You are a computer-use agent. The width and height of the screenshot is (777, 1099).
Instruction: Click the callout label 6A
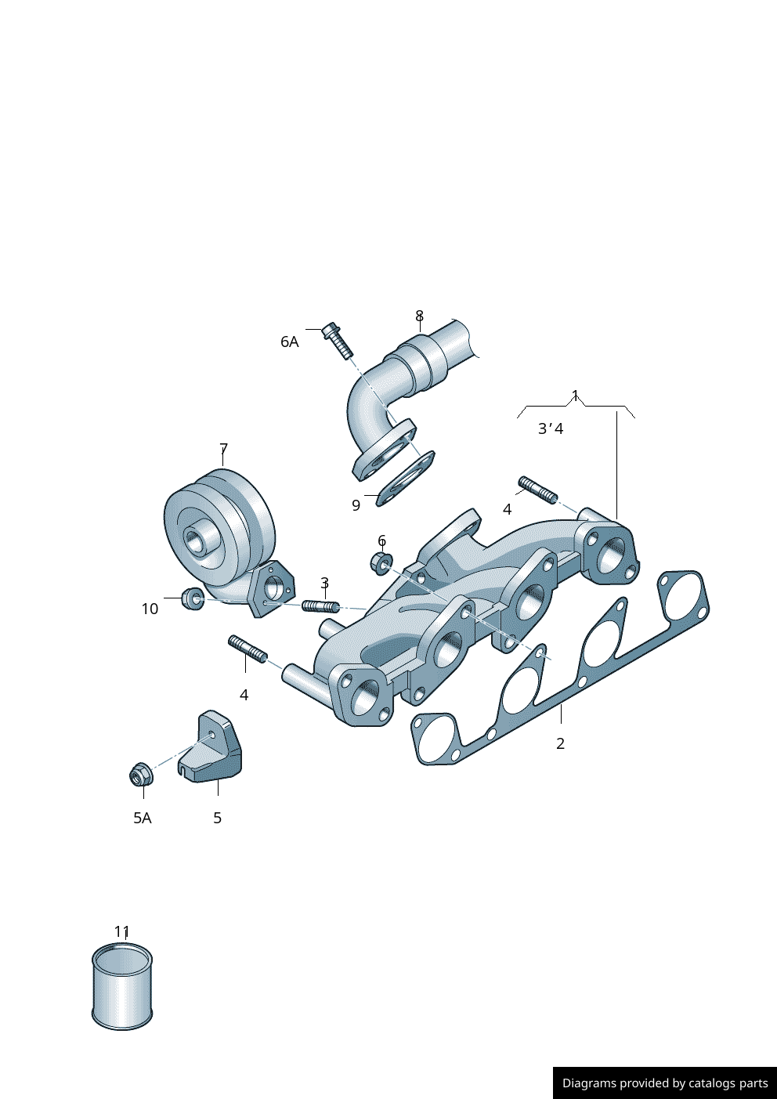tap(289, 342)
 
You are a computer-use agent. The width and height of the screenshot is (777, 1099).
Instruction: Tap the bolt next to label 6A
tap(338, 339)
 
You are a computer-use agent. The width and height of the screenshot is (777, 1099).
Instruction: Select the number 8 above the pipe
tap(419, 316)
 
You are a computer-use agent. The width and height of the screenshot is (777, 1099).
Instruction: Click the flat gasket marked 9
tap(406, 479)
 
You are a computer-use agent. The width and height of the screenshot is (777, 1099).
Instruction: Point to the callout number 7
tap(224, 448)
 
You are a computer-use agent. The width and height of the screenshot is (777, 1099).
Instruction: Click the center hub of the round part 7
tap(199, 540)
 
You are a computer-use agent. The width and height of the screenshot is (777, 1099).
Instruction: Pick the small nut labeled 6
tap(381, 562)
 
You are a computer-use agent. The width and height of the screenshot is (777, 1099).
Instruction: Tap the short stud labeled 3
tap(320, 606)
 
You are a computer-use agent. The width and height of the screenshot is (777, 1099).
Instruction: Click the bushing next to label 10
tap(193, 598)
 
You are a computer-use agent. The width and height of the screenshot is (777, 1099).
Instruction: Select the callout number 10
tap(150, 609)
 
